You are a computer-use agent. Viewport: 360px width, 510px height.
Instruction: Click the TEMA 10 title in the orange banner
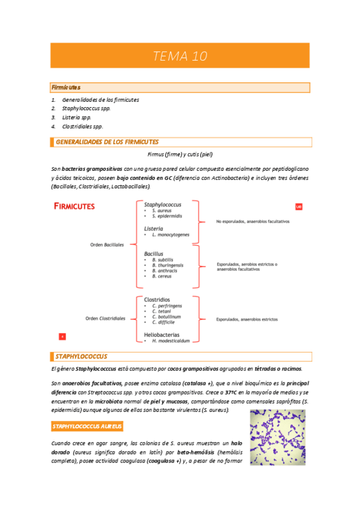[180, 57]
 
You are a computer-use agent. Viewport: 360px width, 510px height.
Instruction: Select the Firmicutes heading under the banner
[66, 88]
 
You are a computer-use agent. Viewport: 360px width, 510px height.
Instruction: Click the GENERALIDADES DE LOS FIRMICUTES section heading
[107, 143]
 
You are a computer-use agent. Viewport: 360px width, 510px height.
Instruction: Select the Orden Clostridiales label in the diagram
[106, 318]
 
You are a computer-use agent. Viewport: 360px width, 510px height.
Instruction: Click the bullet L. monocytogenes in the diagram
[171, 234]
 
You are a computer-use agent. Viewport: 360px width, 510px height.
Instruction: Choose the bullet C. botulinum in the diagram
[166, 316]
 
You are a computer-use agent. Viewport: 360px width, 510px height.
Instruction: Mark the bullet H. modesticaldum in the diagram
[171, 340]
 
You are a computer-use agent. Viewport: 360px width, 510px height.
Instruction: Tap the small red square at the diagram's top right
[299, 207]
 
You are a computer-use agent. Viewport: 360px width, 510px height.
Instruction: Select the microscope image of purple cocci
[278, 437]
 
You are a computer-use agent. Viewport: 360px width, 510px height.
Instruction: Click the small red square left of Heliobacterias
[62, 336]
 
